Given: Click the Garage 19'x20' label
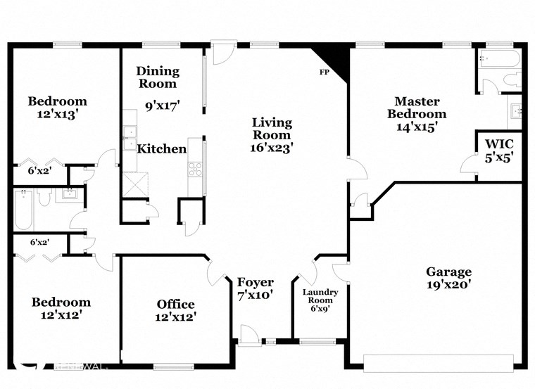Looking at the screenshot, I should tap(448, 278).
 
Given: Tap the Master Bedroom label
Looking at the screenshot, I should tap(420, 114).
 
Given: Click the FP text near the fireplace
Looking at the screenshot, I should tap(324, 72).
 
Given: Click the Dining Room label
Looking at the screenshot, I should tap(158, 77).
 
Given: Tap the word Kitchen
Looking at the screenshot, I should tap(161, 149).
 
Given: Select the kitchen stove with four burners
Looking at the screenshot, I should tap(195, 168).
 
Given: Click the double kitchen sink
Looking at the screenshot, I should tap(129, 139).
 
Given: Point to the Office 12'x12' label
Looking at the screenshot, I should tap(175, 310).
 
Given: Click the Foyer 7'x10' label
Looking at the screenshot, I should tap(255, 288).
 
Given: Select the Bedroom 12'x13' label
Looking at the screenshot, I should tap(57, 107).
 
